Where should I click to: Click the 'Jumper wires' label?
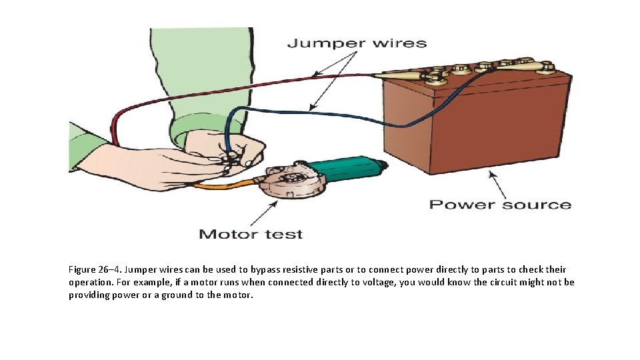pos(357,43)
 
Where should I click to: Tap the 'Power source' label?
pos(500,204)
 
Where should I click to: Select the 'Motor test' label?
pos(251,234)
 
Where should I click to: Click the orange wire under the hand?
pos(213,186)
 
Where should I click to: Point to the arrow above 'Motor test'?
pos(264,214)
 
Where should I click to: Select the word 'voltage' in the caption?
pos(360,283)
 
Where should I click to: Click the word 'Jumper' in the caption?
pos(139,270)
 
